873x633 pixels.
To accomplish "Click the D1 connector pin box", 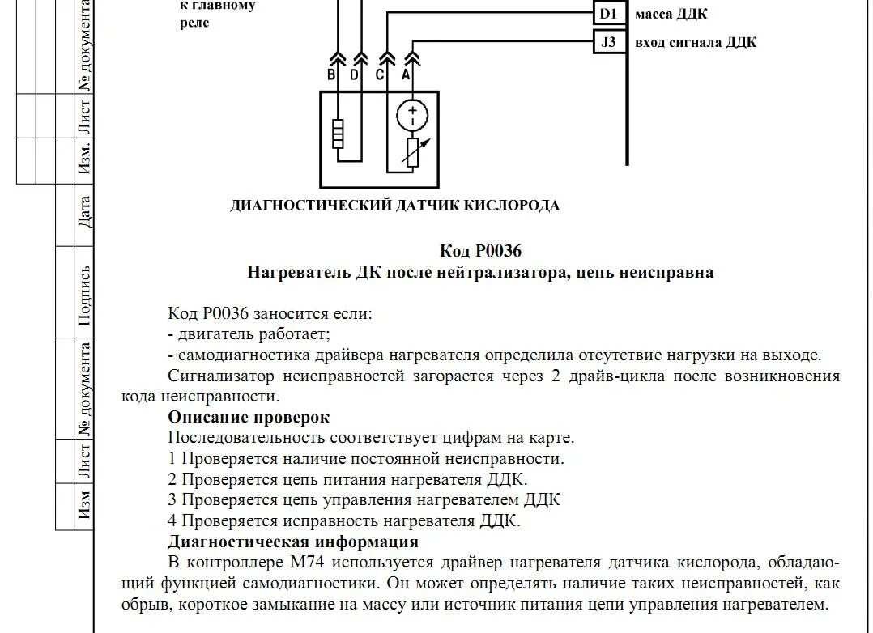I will pos(608,14).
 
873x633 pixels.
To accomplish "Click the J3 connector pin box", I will pos(608,41).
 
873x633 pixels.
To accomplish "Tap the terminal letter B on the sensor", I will pos(331,75).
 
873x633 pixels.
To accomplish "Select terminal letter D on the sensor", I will pos(354,75).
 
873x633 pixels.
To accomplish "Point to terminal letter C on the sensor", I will pos(380,75).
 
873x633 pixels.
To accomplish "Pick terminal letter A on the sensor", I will pos(406,75).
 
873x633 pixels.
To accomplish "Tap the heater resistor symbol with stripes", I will pos(338,134).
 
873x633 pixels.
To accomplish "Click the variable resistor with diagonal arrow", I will pos(413,151).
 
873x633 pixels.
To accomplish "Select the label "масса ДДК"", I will pos(671,15).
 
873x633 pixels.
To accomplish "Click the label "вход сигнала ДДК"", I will pos(696,42).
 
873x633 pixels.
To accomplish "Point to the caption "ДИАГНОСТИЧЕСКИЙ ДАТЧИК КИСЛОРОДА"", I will pos(394,206).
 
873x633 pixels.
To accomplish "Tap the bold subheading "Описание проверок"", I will pos(249,417).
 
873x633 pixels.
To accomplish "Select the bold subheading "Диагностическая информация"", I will pos(293,542).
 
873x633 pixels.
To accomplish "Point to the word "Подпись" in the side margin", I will pos(84,295).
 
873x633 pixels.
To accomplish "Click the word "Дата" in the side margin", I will pos(84,211).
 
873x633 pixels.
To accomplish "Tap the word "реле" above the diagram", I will pos(194,23).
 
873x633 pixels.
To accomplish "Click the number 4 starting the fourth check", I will pos(172,520).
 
